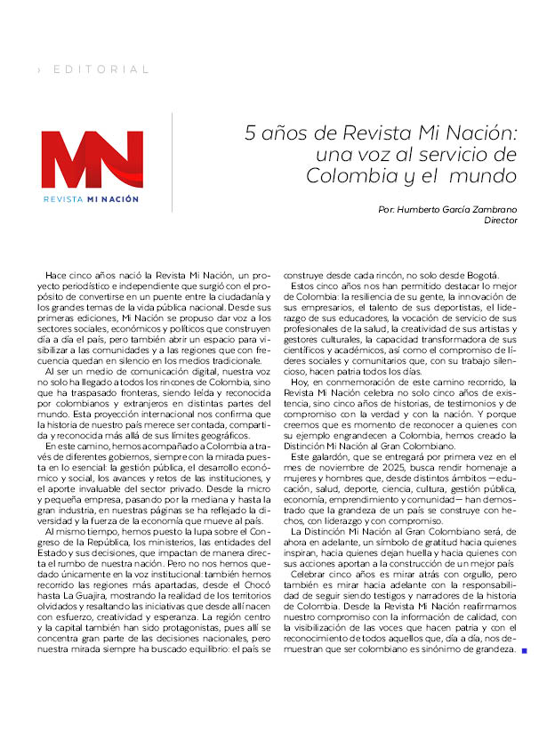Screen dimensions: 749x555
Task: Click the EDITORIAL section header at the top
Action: point(101,69)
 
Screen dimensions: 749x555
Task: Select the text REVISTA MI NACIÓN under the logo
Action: point(92,199)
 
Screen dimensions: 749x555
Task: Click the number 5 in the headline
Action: point(252,133)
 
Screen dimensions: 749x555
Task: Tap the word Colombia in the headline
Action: point(347,175)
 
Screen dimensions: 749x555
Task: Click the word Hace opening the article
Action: point(55,277)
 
